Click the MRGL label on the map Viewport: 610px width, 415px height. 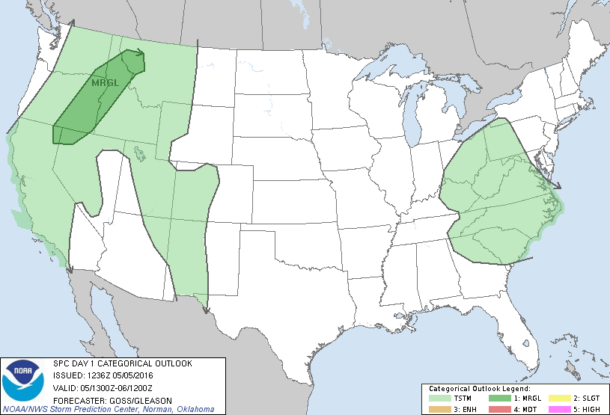coord(106,82)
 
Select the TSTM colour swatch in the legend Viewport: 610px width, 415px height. coord(439,399)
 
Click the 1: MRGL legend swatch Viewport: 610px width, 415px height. coord(498,399)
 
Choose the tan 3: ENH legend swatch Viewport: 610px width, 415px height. coord(439,408)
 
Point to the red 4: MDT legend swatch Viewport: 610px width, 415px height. coord(498,408)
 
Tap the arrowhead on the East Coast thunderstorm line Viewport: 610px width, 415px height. coord(558,185)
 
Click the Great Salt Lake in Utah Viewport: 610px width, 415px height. coord(141,154)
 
